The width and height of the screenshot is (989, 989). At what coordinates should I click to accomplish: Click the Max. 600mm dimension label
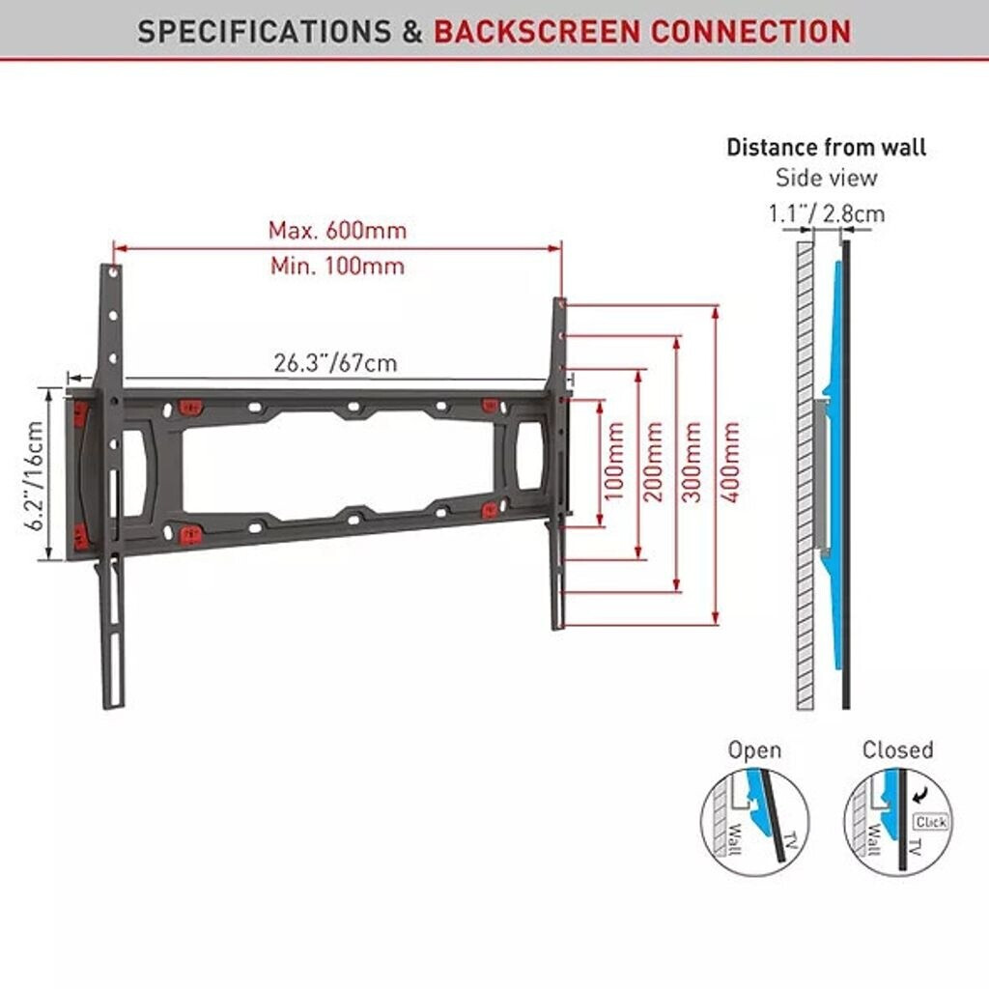[337, 231]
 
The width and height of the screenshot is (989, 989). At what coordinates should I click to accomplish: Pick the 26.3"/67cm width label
[335, 363]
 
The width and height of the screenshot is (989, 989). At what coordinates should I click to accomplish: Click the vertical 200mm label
[653, 462]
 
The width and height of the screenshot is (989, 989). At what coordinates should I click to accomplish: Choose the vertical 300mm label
[692, 462]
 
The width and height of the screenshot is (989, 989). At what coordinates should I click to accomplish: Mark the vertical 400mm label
[731, 462]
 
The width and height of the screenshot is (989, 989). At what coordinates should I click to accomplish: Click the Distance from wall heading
[826, 148]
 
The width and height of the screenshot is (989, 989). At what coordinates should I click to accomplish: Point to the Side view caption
[826, 178]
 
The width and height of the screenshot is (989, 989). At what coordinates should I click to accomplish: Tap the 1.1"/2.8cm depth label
[826, 213]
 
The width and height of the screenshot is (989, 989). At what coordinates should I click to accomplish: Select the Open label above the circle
[754, 749]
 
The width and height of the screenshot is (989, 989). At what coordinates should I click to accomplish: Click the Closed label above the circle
[897, 749]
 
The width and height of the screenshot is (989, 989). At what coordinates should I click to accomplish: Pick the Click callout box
[930, 822]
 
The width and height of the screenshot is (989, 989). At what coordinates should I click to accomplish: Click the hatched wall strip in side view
[805, 483]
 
